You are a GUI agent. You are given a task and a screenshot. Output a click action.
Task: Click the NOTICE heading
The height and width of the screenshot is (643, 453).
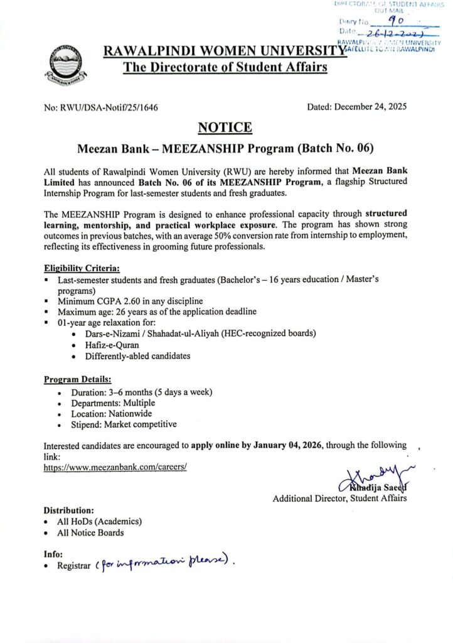point(225,128)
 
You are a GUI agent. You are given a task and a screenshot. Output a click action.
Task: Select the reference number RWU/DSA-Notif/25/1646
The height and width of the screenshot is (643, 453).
point(101,107)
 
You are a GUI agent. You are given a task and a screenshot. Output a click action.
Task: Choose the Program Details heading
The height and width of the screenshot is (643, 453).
point(78,380)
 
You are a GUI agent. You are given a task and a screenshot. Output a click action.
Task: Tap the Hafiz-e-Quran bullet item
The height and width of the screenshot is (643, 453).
point(112,344)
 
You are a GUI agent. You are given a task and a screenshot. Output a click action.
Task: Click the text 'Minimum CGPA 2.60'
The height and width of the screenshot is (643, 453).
point(100,301)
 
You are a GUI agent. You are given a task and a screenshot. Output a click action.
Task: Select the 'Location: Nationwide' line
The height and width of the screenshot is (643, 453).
point(110,414)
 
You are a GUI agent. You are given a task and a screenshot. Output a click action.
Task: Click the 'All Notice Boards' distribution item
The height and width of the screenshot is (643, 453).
point(90,532)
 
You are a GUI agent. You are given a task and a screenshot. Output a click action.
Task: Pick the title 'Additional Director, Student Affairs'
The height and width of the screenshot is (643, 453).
point(339,499)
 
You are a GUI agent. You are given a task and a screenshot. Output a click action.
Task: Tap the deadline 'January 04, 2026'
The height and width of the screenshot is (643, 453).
point(287,445)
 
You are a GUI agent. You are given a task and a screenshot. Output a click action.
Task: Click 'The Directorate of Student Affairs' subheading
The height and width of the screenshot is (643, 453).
point(225,67)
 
